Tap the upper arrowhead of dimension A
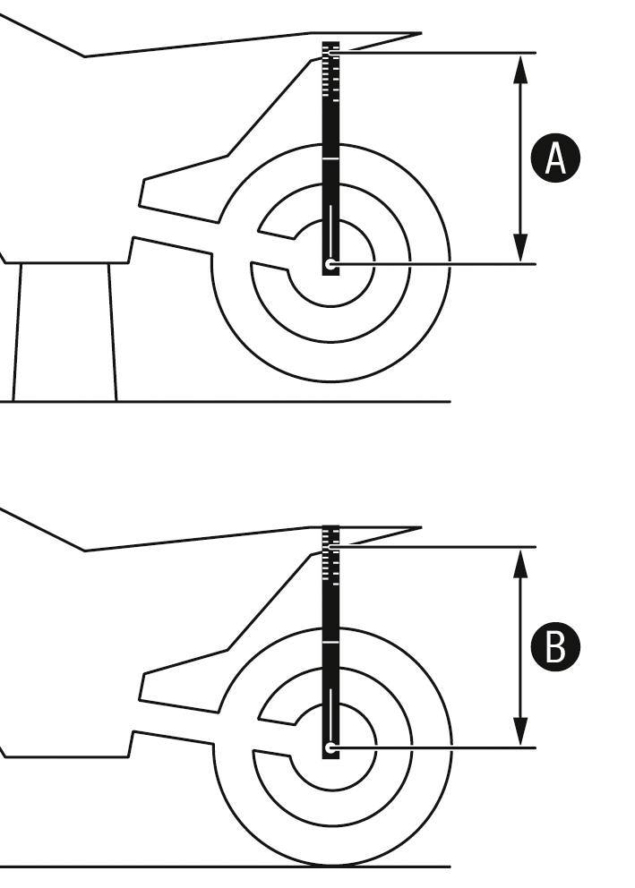519,66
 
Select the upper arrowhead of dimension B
519,559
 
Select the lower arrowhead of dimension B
519,734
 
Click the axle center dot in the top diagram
330,264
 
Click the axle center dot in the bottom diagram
330,747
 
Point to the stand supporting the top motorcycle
64,331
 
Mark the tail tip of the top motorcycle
418,35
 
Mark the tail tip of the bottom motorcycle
418,528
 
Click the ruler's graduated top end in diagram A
330,63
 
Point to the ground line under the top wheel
331,402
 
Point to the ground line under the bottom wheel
331,867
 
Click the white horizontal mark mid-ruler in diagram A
330,158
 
